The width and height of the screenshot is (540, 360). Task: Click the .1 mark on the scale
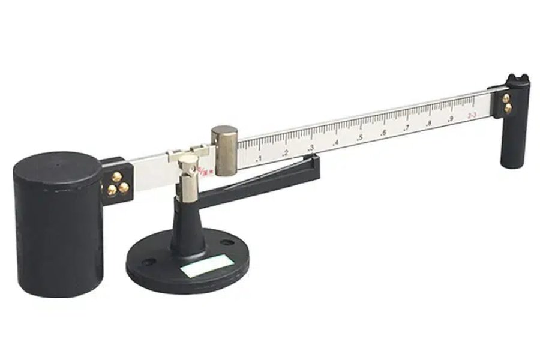259,158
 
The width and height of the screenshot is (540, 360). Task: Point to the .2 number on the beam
285,153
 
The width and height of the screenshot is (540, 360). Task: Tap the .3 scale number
310,148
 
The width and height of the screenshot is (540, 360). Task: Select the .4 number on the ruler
335,143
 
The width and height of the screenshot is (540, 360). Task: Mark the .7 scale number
406,128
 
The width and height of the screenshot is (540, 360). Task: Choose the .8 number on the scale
428,123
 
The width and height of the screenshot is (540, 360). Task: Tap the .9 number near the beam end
450,119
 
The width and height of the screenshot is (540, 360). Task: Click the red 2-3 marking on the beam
472,114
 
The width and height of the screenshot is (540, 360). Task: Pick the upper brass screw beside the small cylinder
506,98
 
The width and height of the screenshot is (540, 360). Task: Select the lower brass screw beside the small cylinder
508,109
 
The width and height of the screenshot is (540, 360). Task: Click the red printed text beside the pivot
206,169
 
